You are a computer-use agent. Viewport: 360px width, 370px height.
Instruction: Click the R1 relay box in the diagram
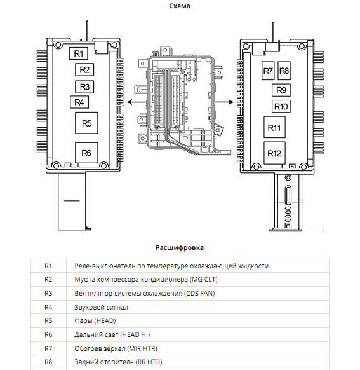point(79,53)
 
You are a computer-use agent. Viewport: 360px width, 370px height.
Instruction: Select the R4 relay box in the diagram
point(79,102)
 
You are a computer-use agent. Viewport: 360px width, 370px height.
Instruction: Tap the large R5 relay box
point(86,123)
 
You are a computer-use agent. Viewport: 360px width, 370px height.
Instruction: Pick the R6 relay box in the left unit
point(86,153)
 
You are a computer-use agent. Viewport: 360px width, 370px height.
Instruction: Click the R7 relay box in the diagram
point(268,71)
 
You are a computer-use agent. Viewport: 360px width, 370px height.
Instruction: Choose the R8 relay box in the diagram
point(284,71)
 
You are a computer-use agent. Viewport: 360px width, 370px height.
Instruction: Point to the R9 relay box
point(281,90)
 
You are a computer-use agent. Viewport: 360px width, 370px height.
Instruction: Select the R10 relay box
point(281,106)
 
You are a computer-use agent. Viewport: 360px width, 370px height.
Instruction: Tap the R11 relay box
point(274,127)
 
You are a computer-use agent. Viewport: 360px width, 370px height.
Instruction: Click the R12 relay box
point(274,153)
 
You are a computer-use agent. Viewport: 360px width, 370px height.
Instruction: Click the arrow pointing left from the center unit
point(136,102)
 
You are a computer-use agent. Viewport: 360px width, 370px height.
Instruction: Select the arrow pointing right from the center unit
point(225,102)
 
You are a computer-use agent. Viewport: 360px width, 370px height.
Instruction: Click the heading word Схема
point(180,6)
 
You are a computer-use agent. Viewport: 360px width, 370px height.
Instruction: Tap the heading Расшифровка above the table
point(180,247)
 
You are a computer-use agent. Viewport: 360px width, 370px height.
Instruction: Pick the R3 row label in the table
point(48,293)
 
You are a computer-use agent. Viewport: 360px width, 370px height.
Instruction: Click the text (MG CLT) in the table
point(204,279)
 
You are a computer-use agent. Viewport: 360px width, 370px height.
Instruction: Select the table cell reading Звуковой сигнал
point(102,307)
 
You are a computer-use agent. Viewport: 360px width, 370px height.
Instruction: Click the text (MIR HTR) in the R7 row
point(142,348)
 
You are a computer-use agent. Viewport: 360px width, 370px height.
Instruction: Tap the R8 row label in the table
point(48,362)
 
